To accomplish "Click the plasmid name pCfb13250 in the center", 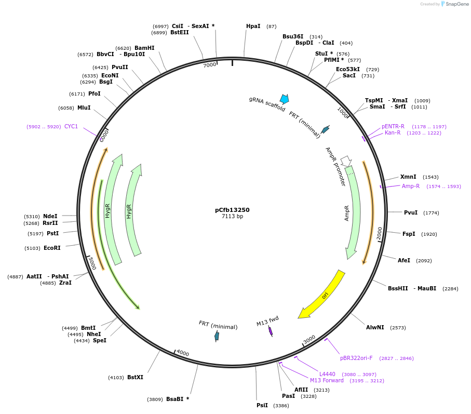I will pyautogui.click(x=232, y=210).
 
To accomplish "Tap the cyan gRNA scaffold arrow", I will pyautogui.click(x=284, y=99).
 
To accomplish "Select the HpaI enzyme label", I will pyautogui.click(x=253, y=26).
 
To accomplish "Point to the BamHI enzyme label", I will pyautogui.click(x=144, y=48).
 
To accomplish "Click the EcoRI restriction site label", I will pyautogui.click(x=52, y=248).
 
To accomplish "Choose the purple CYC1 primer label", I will pyautogui.click(x=71, y=126).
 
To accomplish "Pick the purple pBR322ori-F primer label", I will pyautogui.click(x=356, y=358).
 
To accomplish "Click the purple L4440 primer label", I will pyautogui.click(x=327, y=374).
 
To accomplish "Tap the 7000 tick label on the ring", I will pyautogui.click(x=209, y=65).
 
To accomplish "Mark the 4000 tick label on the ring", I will pyautogui.click(x=182, y=353).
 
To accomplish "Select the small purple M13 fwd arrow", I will pyautogui.click(x=271, y=331).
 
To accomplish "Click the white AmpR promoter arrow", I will pyautogui.click(x=346, y=161).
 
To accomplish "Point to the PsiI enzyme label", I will pyautogui.click(x=262, y=405).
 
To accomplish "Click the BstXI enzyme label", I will pyautogui.click(x=135, y=377).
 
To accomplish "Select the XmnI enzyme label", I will pyautogui.click(x=408, y=177).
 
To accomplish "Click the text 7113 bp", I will pyautogui.click(x=232, y=217).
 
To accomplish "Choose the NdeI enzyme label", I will pyautogui.click(x=50, y=216).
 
